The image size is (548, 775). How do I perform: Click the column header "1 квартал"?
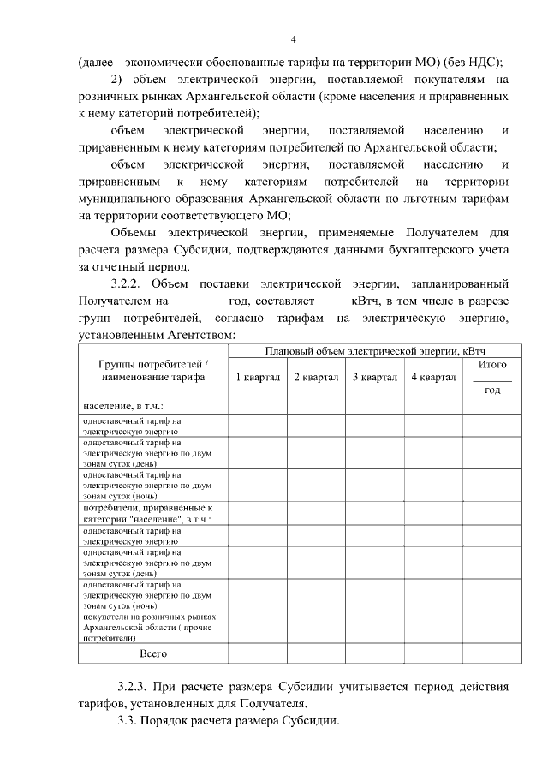pyautogui.click(x=257, y=378)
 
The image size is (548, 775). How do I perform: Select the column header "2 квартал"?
pyautogui.click(x=316, y=378)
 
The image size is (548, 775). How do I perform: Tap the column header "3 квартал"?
pyautogui.click(x=374, y=378)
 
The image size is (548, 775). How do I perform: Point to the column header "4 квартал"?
pyautogui.click(x=433, y=378)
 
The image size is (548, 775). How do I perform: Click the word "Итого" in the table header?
pyautogui.click(x=492, y=365)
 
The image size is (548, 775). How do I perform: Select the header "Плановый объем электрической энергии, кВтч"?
pyautogui.click(x=374, y=350)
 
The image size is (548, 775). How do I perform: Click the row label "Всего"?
pyautogui.click(x=152, y=653)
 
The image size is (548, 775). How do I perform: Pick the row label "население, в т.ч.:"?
pyautogui.click(x=123, y=405)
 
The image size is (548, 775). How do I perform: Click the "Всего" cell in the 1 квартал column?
pyautogui.click(x=257, y=653)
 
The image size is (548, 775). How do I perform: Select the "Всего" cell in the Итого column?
pyautogui.click(x=492, y=653)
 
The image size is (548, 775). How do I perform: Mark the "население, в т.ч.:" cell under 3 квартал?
pyautogui.click(x=374, y=405)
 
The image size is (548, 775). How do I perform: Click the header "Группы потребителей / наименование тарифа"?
pyautogui.click(x=152, y=371)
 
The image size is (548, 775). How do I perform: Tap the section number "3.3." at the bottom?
pyautogui.click(x=129, y=720)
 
